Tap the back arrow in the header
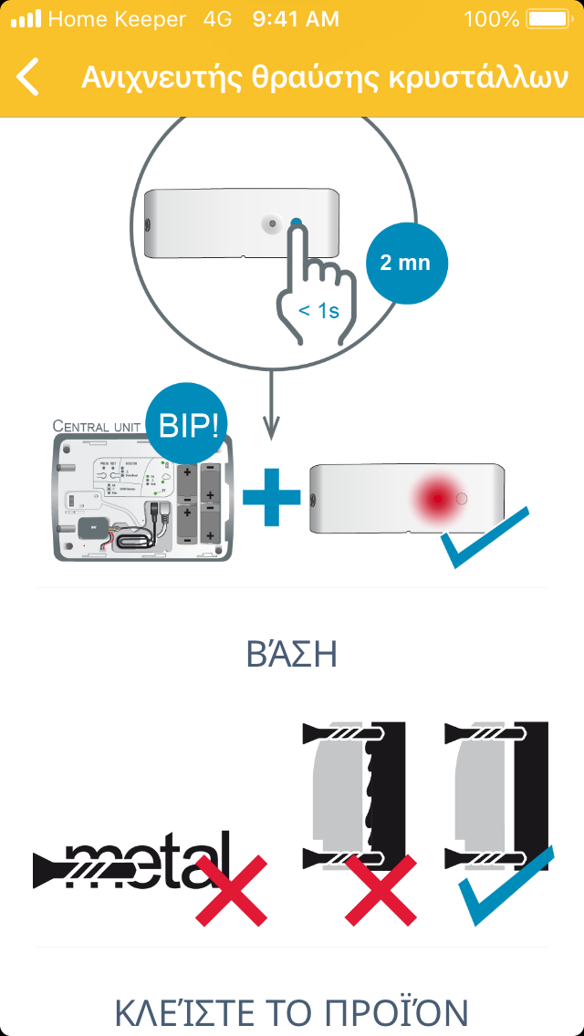[28, 77]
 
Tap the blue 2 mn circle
[404, 264]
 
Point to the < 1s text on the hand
[319, 311]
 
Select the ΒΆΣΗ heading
[292, 654]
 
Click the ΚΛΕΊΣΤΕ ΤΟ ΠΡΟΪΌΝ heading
[292, 1012]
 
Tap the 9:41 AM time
[295, 19]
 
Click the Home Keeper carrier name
[117, 19]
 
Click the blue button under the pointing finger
[295, 223]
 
